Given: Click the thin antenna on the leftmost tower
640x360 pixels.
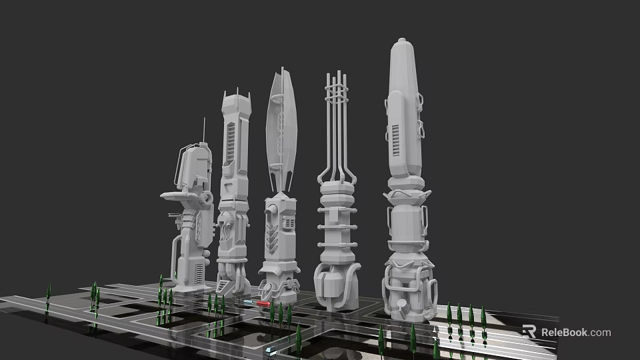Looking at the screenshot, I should [x=203, y=130].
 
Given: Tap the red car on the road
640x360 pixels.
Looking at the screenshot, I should [x=263, y=303].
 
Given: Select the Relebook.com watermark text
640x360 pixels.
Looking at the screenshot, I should [x=575, y=332].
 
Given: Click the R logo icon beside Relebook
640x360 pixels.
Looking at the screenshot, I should [x=529, y=331].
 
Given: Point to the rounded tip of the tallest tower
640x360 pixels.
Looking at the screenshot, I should [x=403, y=45].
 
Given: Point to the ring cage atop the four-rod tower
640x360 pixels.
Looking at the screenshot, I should [x=337, y=87].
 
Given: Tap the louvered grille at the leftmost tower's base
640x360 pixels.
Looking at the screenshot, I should [x=199, y=273].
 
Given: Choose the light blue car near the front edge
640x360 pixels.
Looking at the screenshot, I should [x=269, y=349].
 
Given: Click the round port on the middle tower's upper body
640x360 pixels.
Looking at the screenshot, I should [x=271, y=210].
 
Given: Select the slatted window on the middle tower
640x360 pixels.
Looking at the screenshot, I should [x=289, y=223].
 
